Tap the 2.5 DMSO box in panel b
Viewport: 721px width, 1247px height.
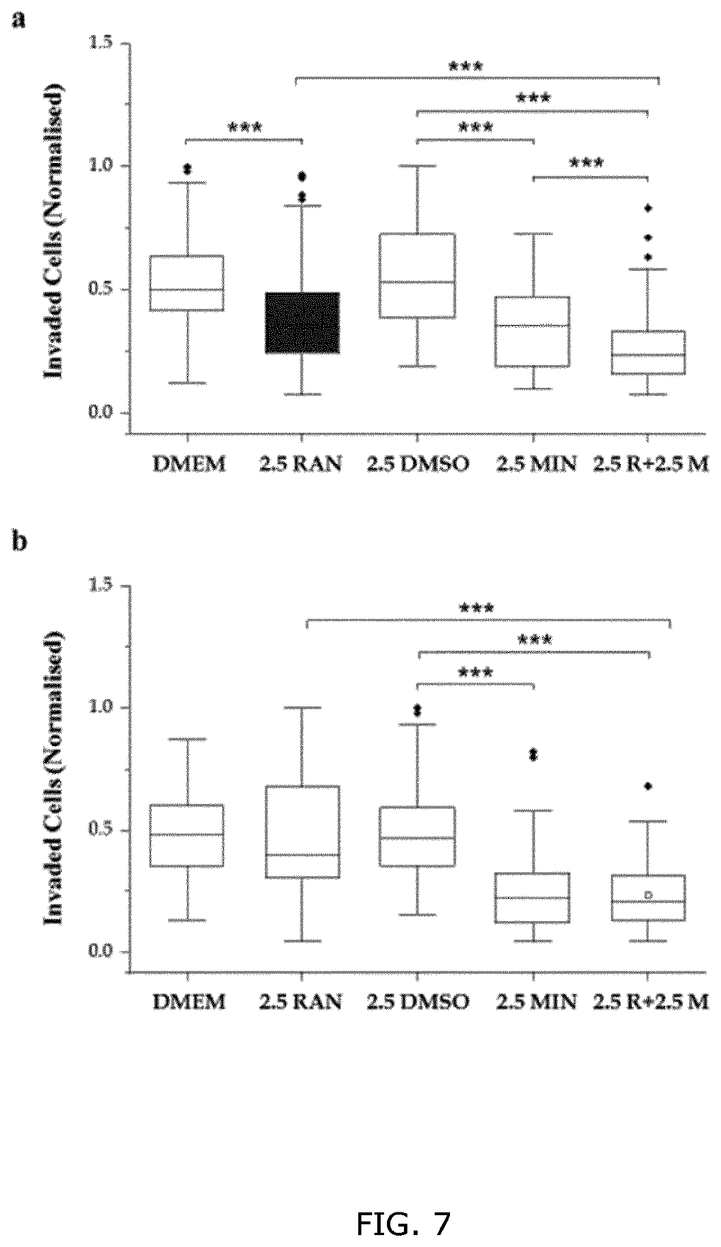(x=418, y=836)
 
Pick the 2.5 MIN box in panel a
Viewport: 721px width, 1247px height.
(x=533, y=331)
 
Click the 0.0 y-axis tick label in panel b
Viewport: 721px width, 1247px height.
(x=101, y=951)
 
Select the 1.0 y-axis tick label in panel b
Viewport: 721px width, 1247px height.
(x=101, y=707)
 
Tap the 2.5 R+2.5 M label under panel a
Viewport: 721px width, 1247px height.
(x=651, y=465)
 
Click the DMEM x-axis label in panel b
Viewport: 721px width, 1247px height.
(x=189, y=1002)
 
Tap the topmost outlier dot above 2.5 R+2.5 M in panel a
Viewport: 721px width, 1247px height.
(x=648, y=208)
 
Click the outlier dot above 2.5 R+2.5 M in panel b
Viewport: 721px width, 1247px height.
(x=648, y=786)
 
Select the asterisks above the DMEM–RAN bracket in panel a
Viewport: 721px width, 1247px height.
(x=245, y=127)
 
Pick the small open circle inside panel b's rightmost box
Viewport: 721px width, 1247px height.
(x=648, y=895)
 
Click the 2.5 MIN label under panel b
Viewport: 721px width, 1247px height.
(x=536, y=1002)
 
